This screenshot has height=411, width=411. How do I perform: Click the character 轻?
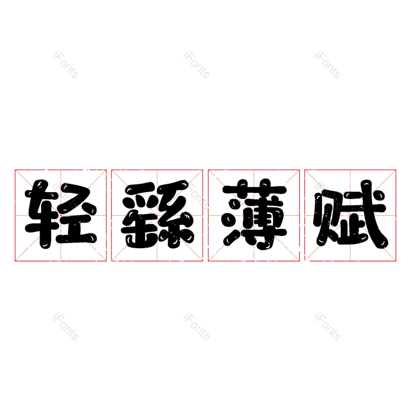pos(61,214)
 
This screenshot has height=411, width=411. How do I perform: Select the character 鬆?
pos(157,214)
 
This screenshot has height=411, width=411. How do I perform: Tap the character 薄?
pos(254,214)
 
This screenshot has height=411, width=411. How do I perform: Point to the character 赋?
pos(351,214)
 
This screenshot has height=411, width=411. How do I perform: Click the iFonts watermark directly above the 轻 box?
pos(66,65)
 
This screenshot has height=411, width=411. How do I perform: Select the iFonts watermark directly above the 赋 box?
pos(327,65)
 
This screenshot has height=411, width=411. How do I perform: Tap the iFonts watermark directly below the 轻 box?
pos(66,327)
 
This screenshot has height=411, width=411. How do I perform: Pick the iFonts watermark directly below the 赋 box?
pos(327,327)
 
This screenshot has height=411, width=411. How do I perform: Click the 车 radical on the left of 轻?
pos(42,214)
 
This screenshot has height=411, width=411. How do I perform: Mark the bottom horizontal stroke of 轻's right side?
pos(77,238)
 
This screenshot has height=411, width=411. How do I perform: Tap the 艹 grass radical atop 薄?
pos(254,188)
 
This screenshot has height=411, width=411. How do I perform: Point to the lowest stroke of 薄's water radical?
pos(231,237)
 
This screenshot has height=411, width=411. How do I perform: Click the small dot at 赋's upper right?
pos(379,195)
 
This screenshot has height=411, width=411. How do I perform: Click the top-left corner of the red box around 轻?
pos(15,170)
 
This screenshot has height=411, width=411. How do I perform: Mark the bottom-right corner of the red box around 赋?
pos(396,261)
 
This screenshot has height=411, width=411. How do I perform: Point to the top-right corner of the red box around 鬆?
pos(203,170)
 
